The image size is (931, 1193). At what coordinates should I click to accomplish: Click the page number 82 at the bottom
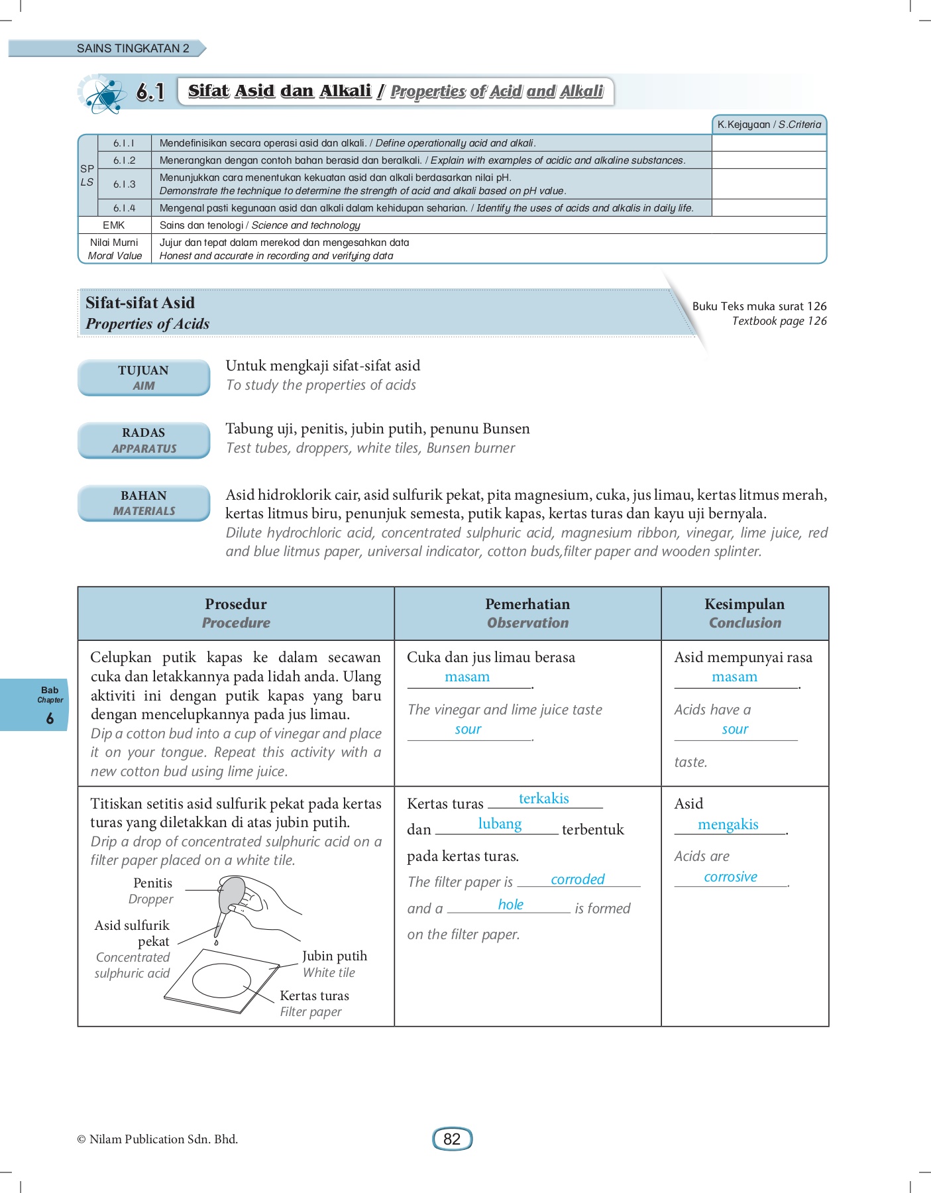(452, 1139)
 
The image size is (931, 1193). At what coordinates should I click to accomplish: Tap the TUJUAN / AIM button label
(144, 378)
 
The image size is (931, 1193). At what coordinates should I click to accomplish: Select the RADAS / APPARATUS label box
(144, 440)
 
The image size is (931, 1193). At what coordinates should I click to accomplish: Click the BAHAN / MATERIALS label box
(144, 503)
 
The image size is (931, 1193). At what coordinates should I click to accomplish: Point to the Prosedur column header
(236, 613)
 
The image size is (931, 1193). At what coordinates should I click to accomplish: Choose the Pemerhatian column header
(527, 613)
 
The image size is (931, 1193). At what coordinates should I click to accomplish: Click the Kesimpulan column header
(745, 613)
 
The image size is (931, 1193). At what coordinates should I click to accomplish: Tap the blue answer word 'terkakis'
(543, 799)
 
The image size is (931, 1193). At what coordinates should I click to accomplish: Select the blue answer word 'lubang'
(500, 824)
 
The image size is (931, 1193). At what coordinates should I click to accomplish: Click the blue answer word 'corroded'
(577, 880)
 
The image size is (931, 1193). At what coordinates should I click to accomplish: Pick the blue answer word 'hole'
(510, 905)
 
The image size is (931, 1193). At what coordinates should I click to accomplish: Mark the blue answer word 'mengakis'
(728, 824)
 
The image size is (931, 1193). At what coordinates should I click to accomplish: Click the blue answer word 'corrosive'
(730, 877)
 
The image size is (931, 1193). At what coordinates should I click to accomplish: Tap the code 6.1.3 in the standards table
(124, 184)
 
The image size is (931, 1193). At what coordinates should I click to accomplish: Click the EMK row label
(114, 225)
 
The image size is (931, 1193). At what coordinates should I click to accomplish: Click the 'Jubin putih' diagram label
(334, 956)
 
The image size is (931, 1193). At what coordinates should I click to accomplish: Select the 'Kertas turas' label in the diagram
(314, 995)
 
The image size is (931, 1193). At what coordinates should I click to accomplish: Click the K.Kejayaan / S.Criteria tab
(769, 125)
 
